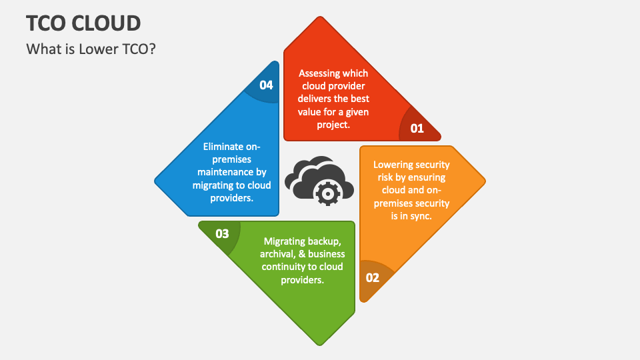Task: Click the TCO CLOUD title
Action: pos(84,23)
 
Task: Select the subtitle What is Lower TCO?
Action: pos(91,49)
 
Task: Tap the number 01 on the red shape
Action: pos(417,129)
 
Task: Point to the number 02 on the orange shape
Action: pos(372,278)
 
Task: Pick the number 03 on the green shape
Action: pos(222,234)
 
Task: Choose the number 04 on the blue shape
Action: pos(266,85)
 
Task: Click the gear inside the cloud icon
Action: pos(327,193)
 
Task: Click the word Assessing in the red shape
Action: pos(316,73)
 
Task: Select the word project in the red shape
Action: pos(332,125)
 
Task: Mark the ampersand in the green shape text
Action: pos(302,254)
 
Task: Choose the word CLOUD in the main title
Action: pos(106,23)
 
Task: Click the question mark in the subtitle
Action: pos(152,49)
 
